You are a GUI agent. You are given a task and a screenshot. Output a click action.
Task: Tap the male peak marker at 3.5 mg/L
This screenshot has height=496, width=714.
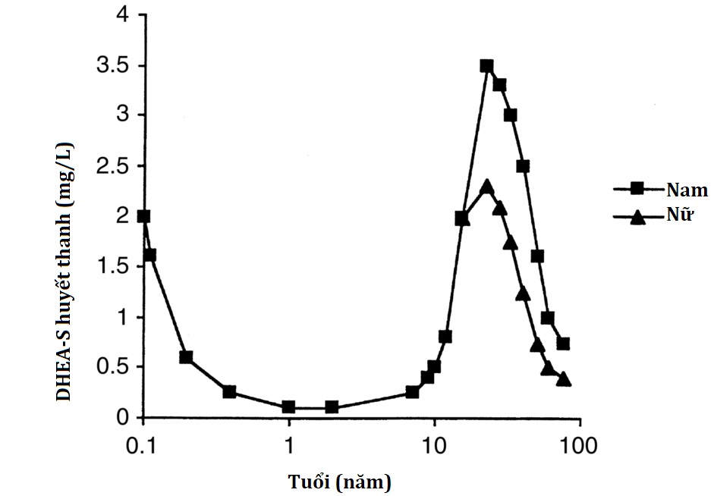[x=486, y=66]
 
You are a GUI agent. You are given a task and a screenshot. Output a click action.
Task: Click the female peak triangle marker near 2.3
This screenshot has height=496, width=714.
[x=487, y=187]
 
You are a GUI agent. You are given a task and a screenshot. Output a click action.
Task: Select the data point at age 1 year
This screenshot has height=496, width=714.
[x=288, y=407]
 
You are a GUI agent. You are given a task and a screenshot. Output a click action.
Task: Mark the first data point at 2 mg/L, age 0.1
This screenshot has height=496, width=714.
[x=143, y=216]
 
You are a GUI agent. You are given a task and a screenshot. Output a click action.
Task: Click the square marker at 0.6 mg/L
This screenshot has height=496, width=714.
[x=186, y=357]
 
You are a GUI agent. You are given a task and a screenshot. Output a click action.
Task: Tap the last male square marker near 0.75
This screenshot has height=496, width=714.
[x=563, y=344]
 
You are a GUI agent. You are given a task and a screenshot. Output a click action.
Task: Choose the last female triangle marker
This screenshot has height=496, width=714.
[x=563, y=379]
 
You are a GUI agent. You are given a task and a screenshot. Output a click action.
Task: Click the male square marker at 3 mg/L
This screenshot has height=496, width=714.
[x=511, y=115]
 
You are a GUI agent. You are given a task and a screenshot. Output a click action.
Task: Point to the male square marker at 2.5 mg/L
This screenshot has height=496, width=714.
[x=523, y=166]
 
